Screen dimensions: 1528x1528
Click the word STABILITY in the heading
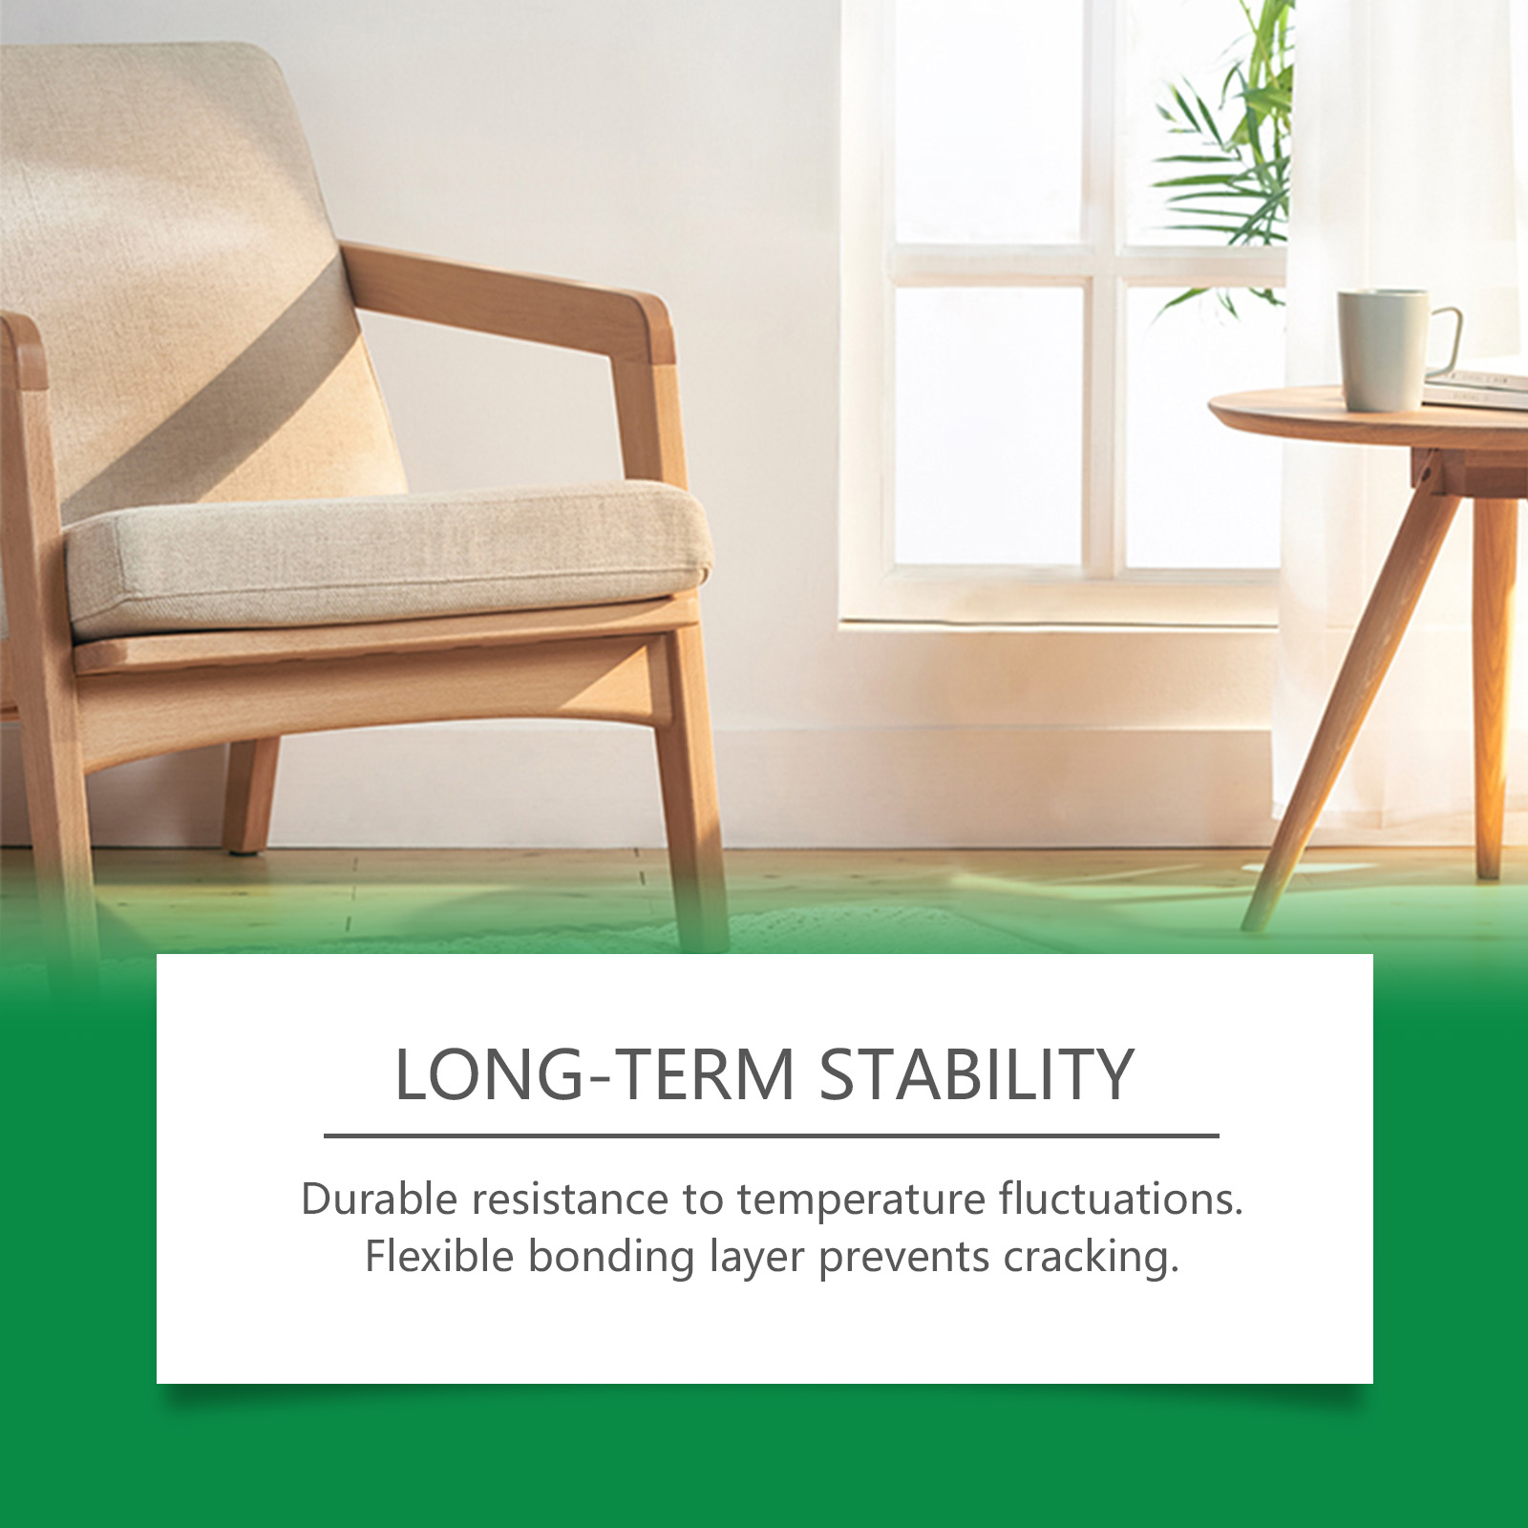977,1074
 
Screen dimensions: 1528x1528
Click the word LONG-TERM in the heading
595,1074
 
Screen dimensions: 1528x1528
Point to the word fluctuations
1121,1199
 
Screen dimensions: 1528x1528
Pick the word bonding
611,1259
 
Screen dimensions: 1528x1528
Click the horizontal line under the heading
772,1135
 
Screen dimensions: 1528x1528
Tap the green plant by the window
1227,158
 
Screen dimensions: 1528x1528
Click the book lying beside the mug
1475,387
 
